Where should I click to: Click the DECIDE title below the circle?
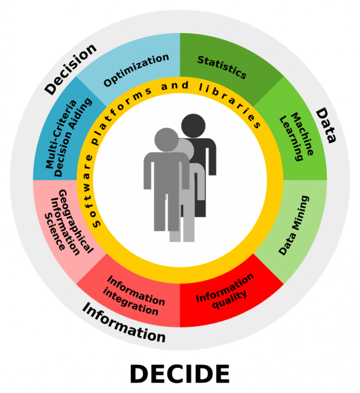[180, 374]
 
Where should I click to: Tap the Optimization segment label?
[136, 69]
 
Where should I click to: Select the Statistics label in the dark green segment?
[222, 67]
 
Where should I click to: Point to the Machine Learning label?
[296, 137]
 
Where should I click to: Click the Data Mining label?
[294, 225]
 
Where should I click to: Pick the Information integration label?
[134, 295]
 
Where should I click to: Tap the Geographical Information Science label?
[68, 222]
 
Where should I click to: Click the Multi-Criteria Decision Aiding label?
[68, 138]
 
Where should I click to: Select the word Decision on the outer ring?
[71, 69]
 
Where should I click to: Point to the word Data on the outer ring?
[326, 125]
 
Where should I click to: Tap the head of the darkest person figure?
[193, 126]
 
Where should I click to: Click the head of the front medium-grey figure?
[166, 140]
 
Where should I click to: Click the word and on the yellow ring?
[175, 86]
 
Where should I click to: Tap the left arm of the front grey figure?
[147, 173]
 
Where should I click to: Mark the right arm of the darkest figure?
[212, 158]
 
